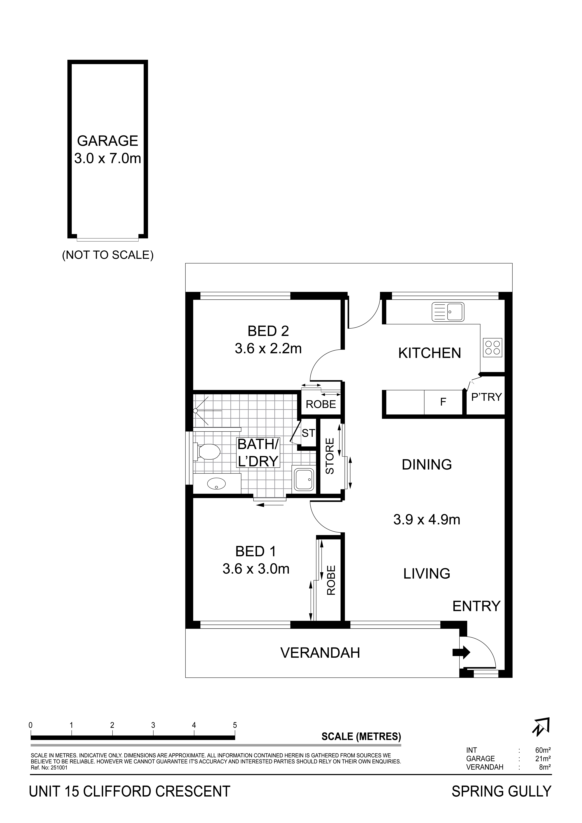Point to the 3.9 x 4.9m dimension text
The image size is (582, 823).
(427, 519)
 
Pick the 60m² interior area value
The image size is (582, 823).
(543, 750)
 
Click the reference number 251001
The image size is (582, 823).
(59, 768)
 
